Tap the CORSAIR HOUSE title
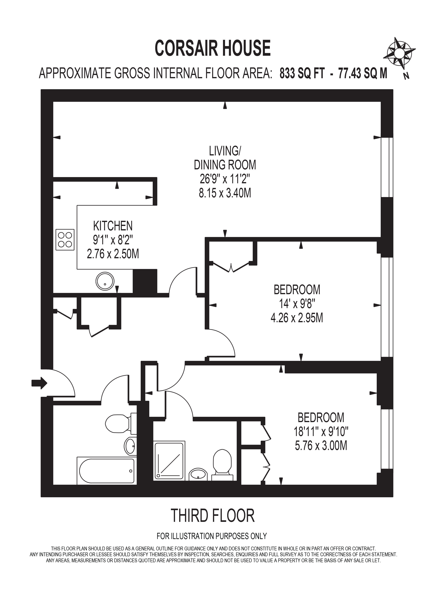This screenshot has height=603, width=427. pyautogui.click(x=213, y=48)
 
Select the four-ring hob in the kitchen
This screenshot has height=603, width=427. pyautogui.click(x=65, y=240)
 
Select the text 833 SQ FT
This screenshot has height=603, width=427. pyautogui.click(x=302, y=74)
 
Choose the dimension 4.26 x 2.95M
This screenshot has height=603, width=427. pyautogui.click(x=297, y=318)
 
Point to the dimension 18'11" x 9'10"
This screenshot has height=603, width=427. pyautogui.click(x=321, y=431)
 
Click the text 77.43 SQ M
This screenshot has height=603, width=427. pyautogui.click(x=363, y=74)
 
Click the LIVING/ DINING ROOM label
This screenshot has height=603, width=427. pyautogui.click(x=225, y=158)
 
